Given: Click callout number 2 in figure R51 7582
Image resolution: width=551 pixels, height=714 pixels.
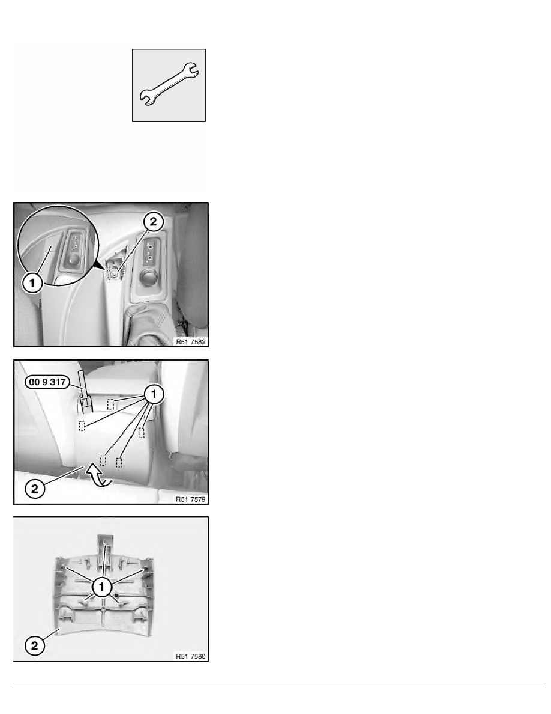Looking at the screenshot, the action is click(x=153, y=222).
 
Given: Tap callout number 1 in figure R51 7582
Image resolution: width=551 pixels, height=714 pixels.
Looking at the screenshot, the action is click(x=32, y=283).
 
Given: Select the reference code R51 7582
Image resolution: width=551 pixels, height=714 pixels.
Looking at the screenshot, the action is click(x=191, y=341).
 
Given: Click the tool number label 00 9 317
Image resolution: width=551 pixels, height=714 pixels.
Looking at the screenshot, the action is click(x=47, y=382).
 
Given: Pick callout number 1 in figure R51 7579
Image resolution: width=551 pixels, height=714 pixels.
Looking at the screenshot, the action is click(x=154, y=394).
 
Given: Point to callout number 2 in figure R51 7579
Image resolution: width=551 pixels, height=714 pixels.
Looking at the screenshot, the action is click(x=35, y=489).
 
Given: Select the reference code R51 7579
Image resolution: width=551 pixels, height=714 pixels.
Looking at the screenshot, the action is click(x=191, y=499).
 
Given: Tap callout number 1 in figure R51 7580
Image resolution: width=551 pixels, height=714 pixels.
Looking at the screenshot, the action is click(x=102, y=587).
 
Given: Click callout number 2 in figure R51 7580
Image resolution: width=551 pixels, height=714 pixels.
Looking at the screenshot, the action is click(x=35, y=645).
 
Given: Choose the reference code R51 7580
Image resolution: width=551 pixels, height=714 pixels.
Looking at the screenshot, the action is click(x=191, y=656).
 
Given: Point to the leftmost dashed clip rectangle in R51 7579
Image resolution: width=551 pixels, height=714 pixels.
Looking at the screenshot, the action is click(x=82, y=426).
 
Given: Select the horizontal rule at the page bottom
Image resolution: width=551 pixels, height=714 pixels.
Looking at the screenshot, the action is click(x=278, y=683).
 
